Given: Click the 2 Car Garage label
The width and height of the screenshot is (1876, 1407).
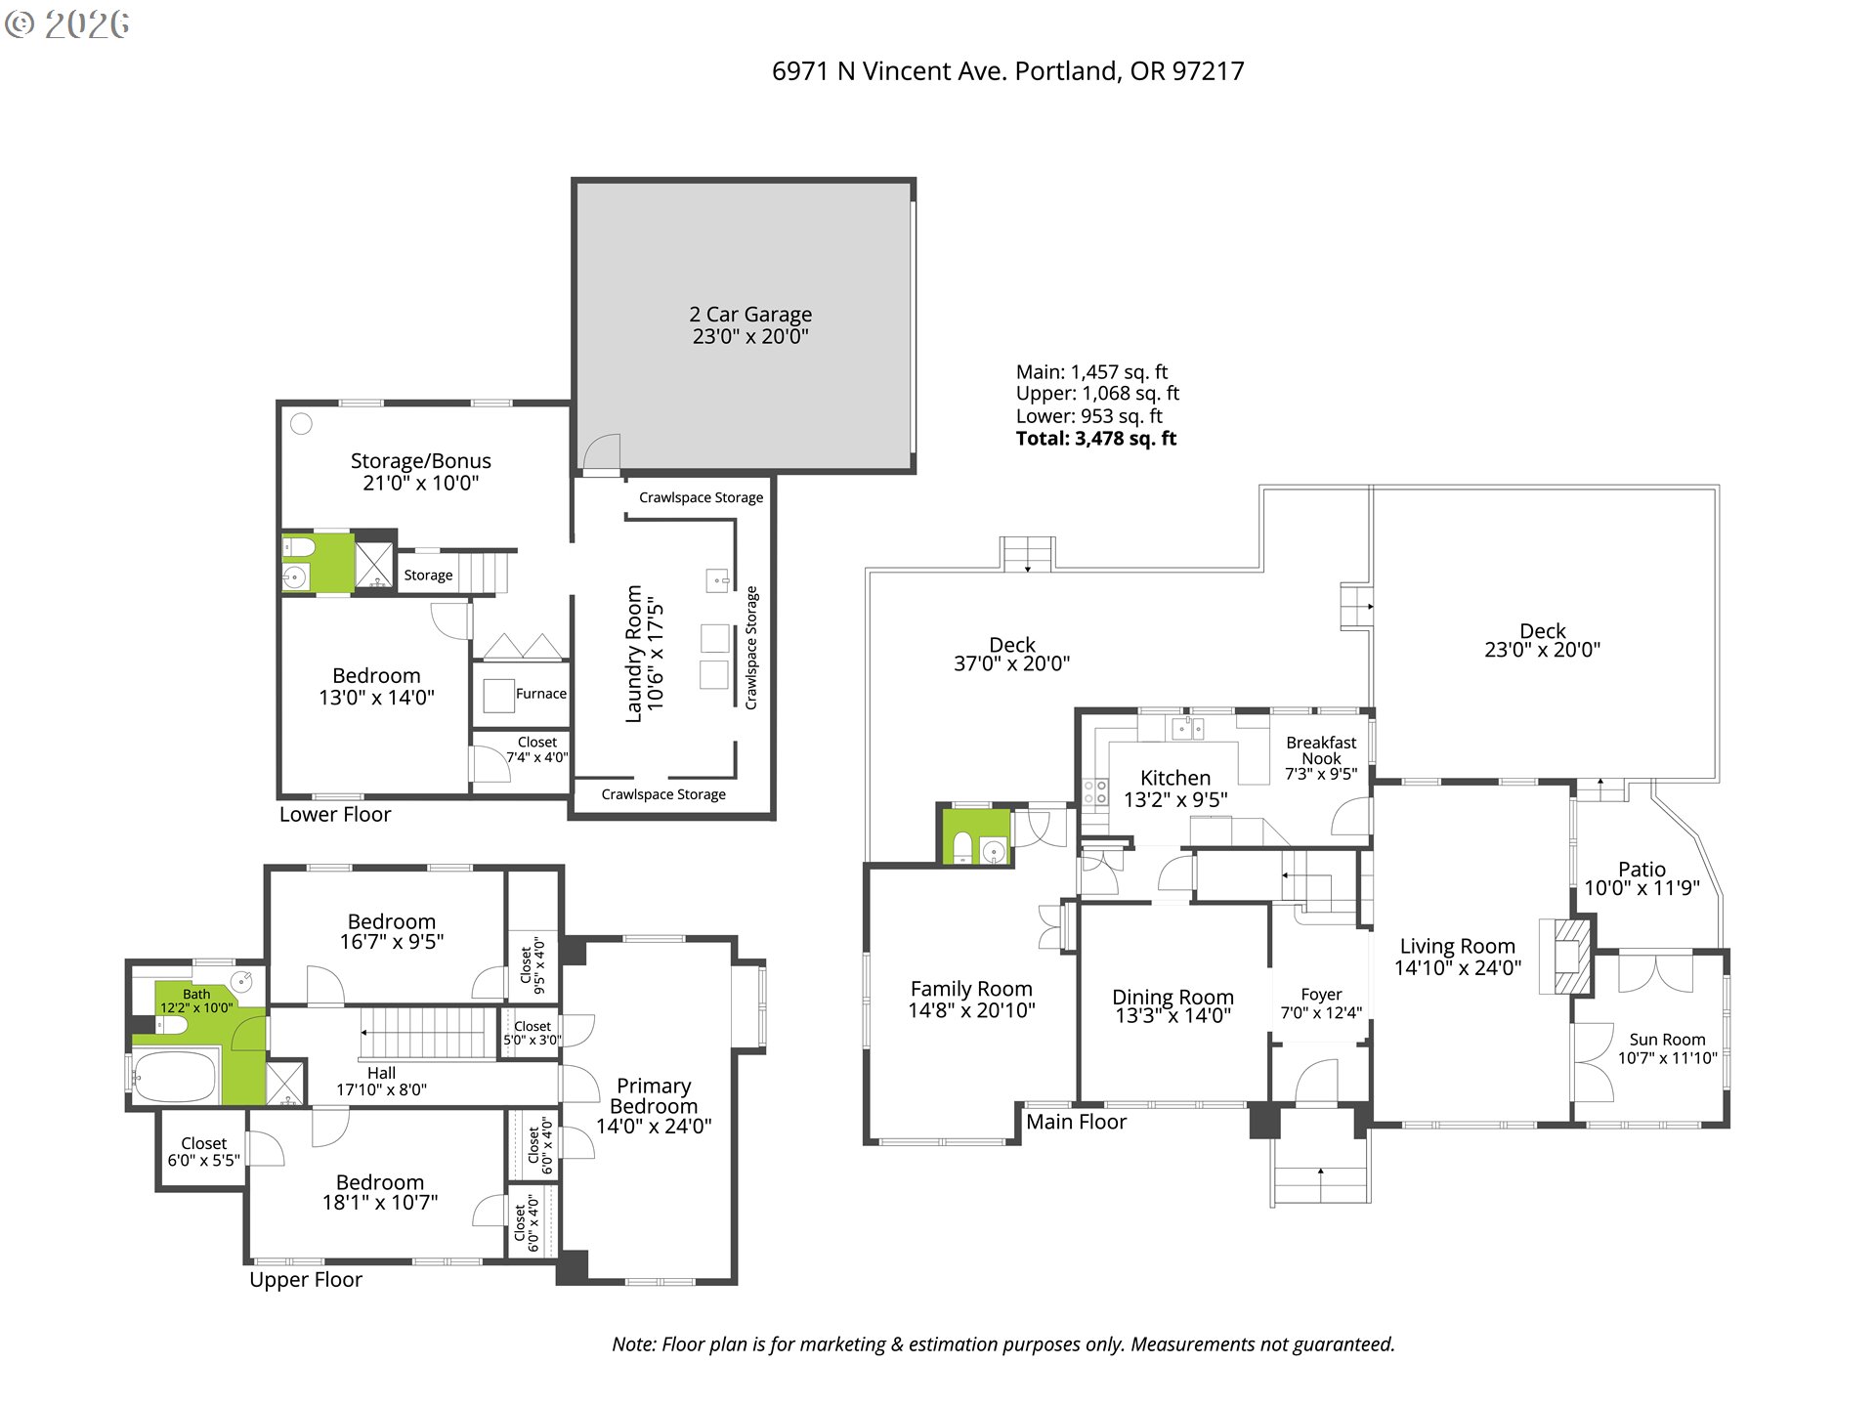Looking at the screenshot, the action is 750,315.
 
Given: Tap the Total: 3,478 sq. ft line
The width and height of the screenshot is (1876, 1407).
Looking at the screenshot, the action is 1095,439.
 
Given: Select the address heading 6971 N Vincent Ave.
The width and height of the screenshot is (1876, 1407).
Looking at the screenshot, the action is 1007,71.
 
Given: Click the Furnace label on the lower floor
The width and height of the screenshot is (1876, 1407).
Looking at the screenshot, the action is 540,694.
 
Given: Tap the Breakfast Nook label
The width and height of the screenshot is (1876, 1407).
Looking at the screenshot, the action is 1321,750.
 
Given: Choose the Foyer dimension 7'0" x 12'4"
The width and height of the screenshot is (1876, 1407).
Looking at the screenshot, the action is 1321,1013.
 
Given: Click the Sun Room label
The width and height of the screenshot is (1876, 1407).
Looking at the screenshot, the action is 1667,1040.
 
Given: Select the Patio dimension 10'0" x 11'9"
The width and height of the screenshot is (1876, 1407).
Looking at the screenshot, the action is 1641,888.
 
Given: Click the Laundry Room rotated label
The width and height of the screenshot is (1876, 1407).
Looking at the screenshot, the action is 634,654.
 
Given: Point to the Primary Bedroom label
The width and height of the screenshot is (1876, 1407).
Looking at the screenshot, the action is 654,1096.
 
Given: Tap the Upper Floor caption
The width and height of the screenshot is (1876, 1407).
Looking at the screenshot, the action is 306,1280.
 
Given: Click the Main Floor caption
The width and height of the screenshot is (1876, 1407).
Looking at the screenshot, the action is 1076,1122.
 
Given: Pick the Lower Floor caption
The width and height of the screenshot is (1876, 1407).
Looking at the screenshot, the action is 335,815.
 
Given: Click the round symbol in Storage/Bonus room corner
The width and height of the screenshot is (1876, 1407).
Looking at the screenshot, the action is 302,423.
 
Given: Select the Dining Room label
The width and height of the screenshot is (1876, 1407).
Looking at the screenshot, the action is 1172,997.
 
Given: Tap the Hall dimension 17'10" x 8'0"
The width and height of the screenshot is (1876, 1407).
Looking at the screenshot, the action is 381,1089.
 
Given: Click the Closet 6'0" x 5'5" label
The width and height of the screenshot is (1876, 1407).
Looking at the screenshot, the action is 203,1152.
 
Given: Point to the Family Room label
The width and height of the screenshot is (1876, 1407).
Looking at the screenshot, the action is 971,989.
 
